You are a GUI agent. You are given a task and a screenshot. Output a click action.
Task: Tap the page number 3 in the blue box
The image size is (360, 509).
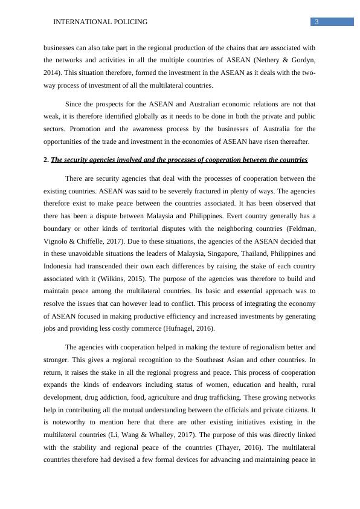point(317,22)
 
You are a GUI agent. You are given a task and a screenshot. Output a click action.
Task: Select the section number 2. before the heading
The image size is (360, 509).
point(47,160)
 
